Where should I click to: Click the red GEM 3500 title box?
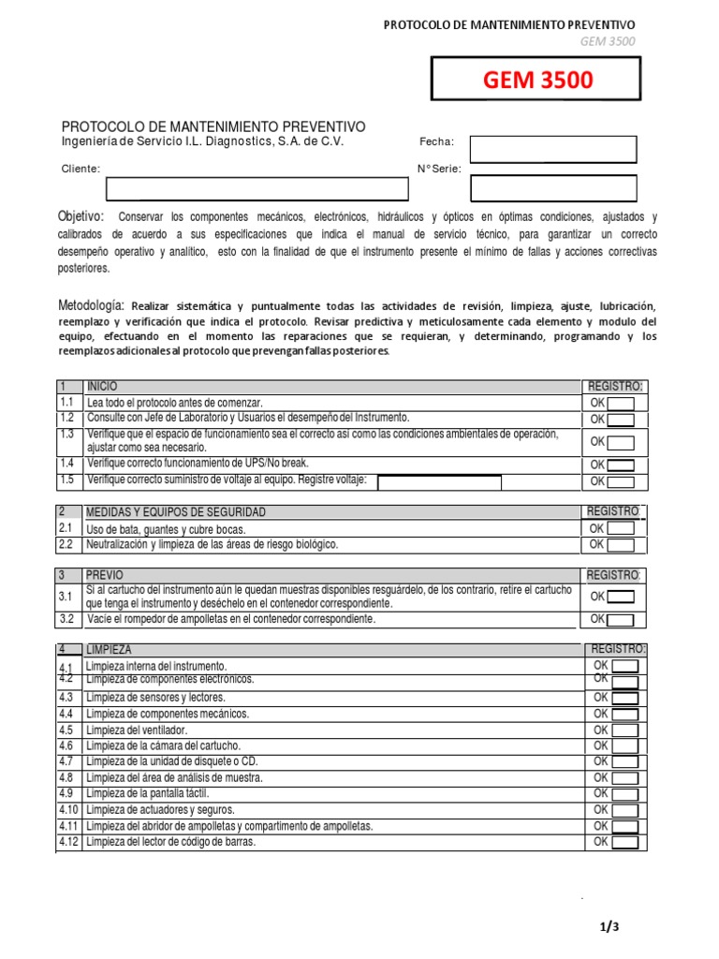pyautogui.click(x=536, y=80)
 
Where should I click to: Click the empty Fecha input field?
pyautogui.click(x=552, y=149)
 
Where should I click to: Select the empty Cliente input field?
pyautogui.click(x=257, y=188)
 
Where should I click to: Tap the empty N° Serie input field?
pyautogui.click(x=552, y=188)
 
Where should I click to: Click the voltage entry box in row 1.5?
pyautogui.click(x=439, y=482)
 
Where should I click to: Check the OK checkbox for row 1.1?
pyautogui.click(x=621, y=404)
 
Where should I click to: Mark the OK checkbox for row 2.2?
pyautogui.click(x=621, y=545)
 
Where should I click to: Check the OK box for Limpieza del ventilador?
pyautogui.click(x=624, y=730)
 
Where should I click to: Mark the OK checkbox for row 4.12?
pyautogui.click(x=624, y=842)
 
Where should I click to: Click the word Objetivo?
pyautogui.click(x=82, y=217)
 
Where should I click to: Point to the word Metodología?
pyautogui.click(x=91, y=306)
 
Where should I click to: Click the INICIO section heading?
pyautogui.click(x=102, y=386)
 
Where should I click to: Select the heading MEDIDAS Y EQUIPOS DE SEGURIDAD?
pyautogui.click(x=176, y=512)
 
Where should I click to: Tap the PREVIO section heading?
pyautogui.click(x=105, y=575)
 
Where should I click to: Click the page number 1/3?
pyautogui.click(x=609, y=927)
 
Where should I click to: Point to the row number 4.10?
pyautogui.click(x=68, y=810)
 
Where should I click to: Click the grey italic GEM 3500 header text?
pyautogui.click(x=607, y=41)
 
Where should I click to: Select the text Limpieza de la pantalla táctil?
pyautogui.click(x=147, y=794)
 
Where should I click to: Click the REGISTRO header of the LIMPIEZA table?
pyautogui.click(x=619, y=649)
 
